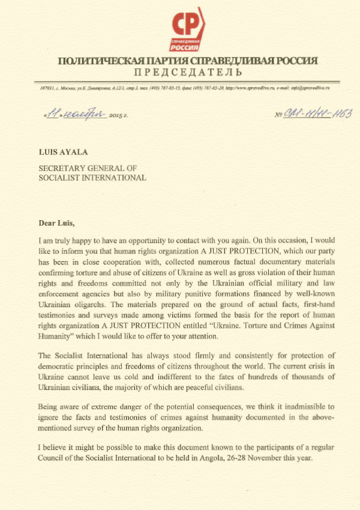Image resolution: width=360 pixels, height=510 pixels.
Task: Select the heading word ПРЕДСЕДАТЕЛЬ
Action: tap(188, 73)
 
